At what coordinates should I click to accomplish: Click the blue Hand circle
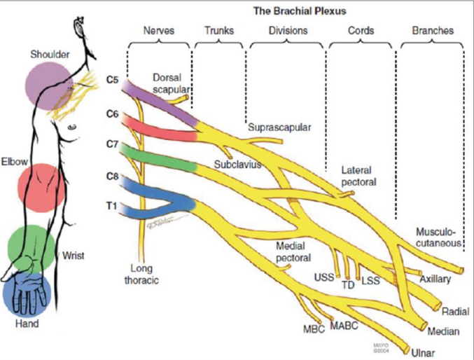point(26,294)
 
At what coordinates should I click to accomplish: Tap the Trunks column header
point(219,31)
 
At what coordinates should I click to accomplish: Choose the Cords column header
point(361,31)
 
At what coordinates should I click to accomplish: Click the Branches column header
point(433,31)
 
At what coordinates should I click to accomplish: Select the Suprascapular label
point(279,127)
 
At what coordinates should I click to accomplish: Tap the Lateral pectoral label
point(358,176)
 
